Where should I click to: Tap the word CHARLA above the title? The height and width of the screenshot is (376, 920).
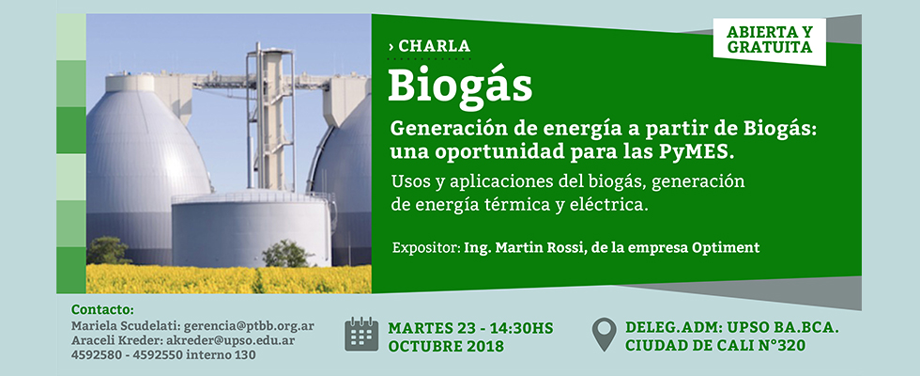coord(434,45)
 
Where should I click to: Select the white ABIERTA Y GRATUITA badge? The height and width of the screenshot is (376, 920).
coord(769,41)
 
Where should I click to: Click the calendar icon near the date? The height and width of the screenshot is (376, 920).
coord(361,334)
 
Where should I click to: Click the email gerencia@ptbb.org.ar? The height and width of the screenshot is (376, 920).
coord(248,326)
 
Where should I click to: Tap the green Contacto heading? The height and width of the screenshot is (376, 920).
coord(102,309)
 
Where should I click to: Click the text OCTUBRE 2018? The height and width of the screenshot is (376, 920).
coord(446,346)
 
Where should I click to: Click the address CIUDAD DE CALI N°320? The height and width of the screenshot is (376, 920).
coord(715,346)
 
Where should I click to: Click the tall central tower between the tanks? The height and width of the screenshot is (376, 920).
coord(271,117)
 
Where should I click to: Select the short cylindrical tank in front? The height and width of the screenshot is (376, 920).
coord(253,229)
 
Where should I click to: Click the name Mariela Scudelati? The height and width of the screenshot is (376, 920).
coord(126,326)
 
